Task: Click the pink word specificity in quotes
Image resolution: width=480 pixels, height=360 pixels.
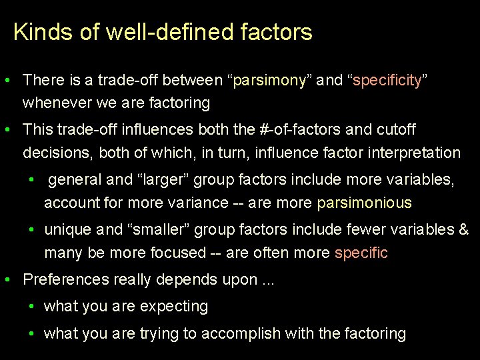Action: pyautogui.click(x=387, y=81)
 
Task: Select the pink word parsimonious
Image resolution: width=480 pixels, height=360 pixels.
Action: pyautogui.click(x=364, y=203)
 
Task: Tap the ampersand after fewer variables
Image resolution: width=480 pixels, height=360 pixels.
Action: pyautogui.click(x=463, y=229)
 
